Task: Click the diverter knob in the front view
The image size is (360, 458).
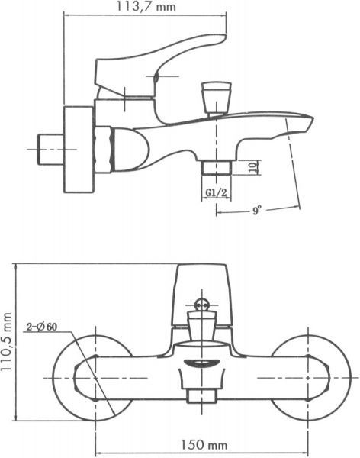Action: pos(203,307)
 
